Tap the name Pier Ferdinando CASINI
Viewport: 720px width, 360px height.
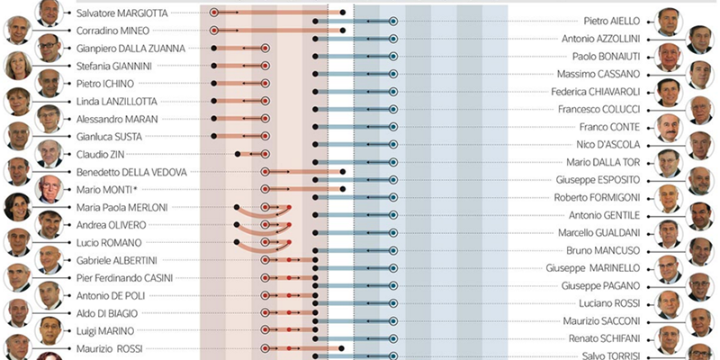pyautogui.click(x=124, y=277)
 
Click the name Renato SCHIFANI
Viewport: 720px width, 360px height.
pyautogui.click(x=598, y=338)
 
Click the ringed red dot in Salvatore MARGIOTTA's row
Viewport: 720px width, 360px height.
pyautogui.click(x=213, y=13)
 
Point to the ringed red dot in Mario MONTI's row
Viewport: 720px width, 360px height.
pyautogui.click(x=265, y=189)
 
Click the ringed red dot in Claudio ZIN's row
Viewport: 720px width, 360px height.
pyautogui.click(x=265, y=154)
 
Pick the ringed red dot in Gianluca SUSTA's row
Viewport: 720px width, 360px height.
pyautogui.click(x=265, y=136)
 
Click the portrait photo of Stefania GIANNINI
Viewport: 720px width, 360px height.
pyautogui.click(x=16, y=66)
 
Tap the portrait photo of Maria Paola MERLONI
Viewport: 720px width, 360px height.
pyautogui.click(x=16, y=207)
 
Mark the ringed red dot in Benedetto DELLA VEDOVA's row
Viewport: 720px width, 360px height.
pyautogui.click(x=265, y=171)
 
